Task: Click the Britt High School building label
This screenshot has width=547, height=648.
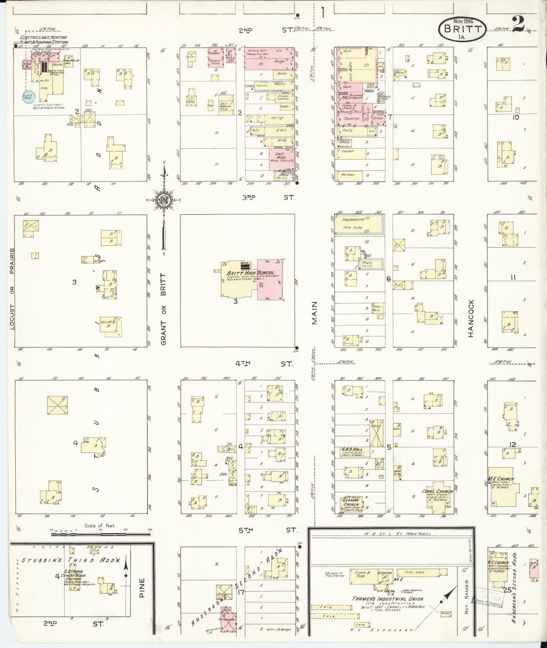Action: click(250, 273)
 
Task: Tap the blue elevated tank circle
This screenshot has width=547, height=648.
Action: click(27, 96)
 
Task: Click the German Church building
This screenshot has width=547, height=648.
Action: click(351, 504)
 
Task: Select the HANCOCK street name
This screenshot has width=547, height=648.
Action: click(471, 318)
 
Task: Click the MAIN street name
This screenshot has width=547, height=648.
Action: click(315, 313)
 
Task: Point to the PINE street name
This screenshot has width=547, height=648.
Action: click(142, 588)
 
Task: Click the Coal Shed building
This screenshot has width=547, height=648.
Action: click(414, 572)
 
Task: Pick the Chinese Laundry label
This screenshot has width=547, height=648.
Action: click(283, 98)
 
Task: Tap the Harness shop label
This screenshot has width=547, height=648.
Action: click(348, 175)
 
